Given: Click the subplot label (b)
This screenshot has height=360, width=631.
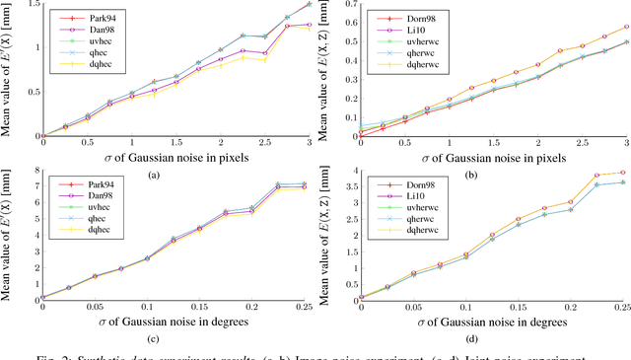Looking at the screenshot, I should (x=490, y=175).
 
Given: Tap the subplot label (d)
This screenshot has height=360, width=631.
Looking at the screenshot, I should (x=490, y=341).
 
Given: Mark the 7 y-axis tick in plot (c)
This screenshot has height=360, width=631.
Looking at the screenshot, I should (x=35, y=184).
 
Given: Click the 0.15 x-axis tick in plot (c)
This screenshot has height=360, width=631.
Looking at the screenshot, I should (x=198, y=308).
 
